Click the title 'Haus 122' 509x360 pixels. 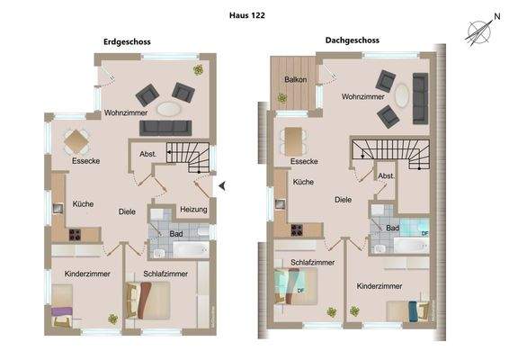[246, 15]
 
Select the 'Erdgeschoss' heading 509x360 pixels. [128, 43]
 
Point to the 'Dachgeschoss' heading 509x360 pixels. [353, 40]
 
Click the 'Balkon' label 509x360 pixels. [296, 80]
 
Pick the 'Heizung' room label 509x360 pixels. [193, 210]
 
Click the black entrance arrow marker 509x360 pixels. [222, 185]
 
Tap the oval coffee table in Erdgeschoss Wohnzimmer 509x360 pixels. [168, 108]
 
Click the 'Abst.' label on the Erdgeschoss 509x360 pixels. [147, 155]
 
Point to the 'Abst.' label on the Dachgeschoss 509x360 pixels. [386, 175]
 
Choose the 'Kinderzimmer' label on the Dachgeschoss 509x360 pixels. [379, 285]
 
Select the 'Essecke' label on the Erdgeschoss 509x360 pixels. [85, 161]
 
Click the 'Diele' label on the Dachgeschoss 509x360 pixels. [343, 200]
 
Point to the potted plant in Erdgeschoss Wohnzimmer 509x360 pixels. [194, 69]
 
